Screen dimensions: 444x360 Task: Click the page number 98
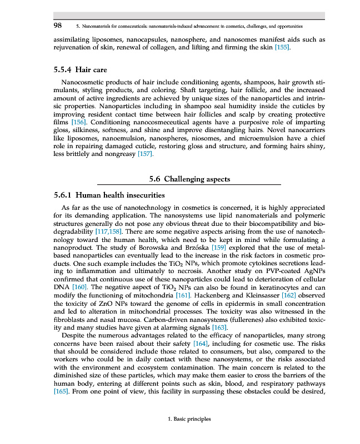pyautogui.click(x=58, y=26)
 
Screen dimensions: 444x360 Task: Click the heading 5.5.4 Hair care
pyautogui.click(x=80, y=70)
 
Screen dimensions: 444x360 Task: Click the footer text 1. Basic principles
pyautogui.click(x=189, y=419)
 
